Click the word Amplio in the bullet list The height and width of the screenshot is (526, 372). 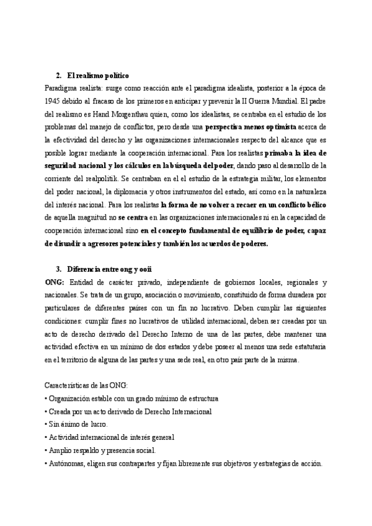[61, 450]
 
